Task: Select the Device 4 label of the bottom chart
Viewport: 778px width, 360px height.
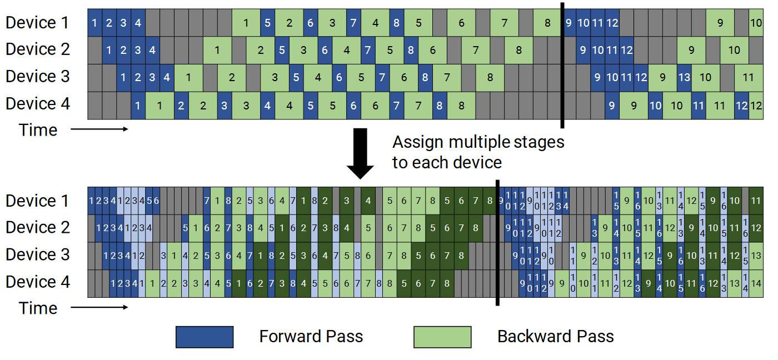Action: (x=38, y=282)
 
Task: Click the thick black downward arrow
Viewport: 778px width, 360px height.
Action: (x=360, y=153)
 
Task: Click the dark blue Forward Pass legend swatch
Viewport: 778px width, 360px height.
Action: (x=205, y=337)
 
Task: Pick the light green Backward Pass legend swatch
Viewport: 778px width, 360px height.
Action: (x=442, y=337)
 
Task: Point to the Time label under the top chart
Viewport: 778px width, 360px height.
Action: (x=38, y=130)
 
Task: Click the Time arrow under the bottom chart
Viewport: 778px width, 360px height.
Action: (x=99, y=307)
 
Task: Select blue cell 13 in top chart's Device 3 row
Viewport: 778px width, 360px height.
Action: (x=684, y=77)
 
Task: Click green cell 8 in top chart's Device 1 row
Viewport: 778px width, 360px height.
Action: (x=547, y=23)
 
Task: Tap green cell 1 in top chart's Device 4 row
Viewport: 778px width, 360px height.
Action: (x=159, y=105)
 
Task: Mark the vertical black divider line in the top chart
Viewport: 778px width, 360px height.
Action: (x=562, y=65)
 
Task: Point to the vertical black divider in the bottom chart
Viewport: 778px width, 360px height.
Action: (x=497, y=243)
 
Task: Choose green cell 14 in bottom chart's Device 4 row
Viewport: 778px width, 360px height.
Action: (x=756, y=284)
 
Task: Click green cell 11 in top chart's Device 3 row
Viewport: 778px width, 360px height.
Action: (x=749, y=77)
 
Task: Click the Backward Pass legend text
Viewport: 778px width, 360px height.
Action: (x=555, y=337)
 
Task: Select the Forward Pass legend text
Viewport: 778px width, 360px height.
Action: (x=311, y=337)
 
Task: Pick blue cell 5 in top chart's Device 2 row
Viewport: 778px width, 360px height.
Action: (x=282, y=51)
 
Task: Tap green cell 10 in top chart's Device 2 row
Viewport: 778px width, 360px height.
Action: (x=734, y=51)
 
